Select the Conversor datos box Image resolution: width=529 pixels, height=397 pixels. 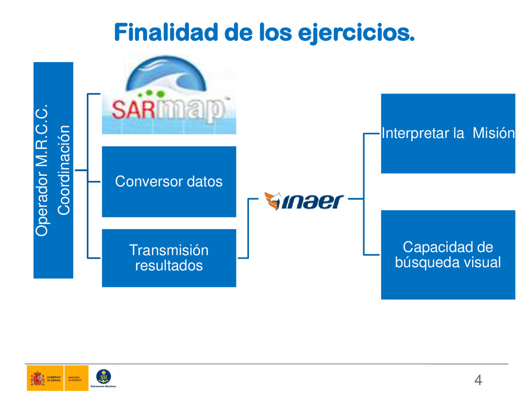[169, 181]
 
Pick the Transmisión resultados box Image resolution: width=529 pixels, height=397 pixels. [169, 258]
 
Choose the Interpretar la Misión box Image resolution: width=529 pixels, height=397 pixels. [448, 133]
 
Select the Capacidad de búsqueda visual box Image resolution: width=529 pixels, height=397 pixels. [448, 255]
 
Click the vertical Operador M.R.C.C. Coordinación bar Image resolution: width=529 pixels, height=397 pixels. [53, 170]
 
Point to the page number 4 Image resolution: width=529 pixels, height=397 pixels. [478, 380]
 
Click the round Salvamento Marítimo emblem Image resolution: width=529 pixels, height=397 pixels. [103, 376]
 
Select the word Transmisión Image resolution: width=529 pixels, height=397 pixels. [169, 250]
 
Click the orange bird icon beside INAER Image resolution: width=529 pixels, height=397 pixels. [272, 200]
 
